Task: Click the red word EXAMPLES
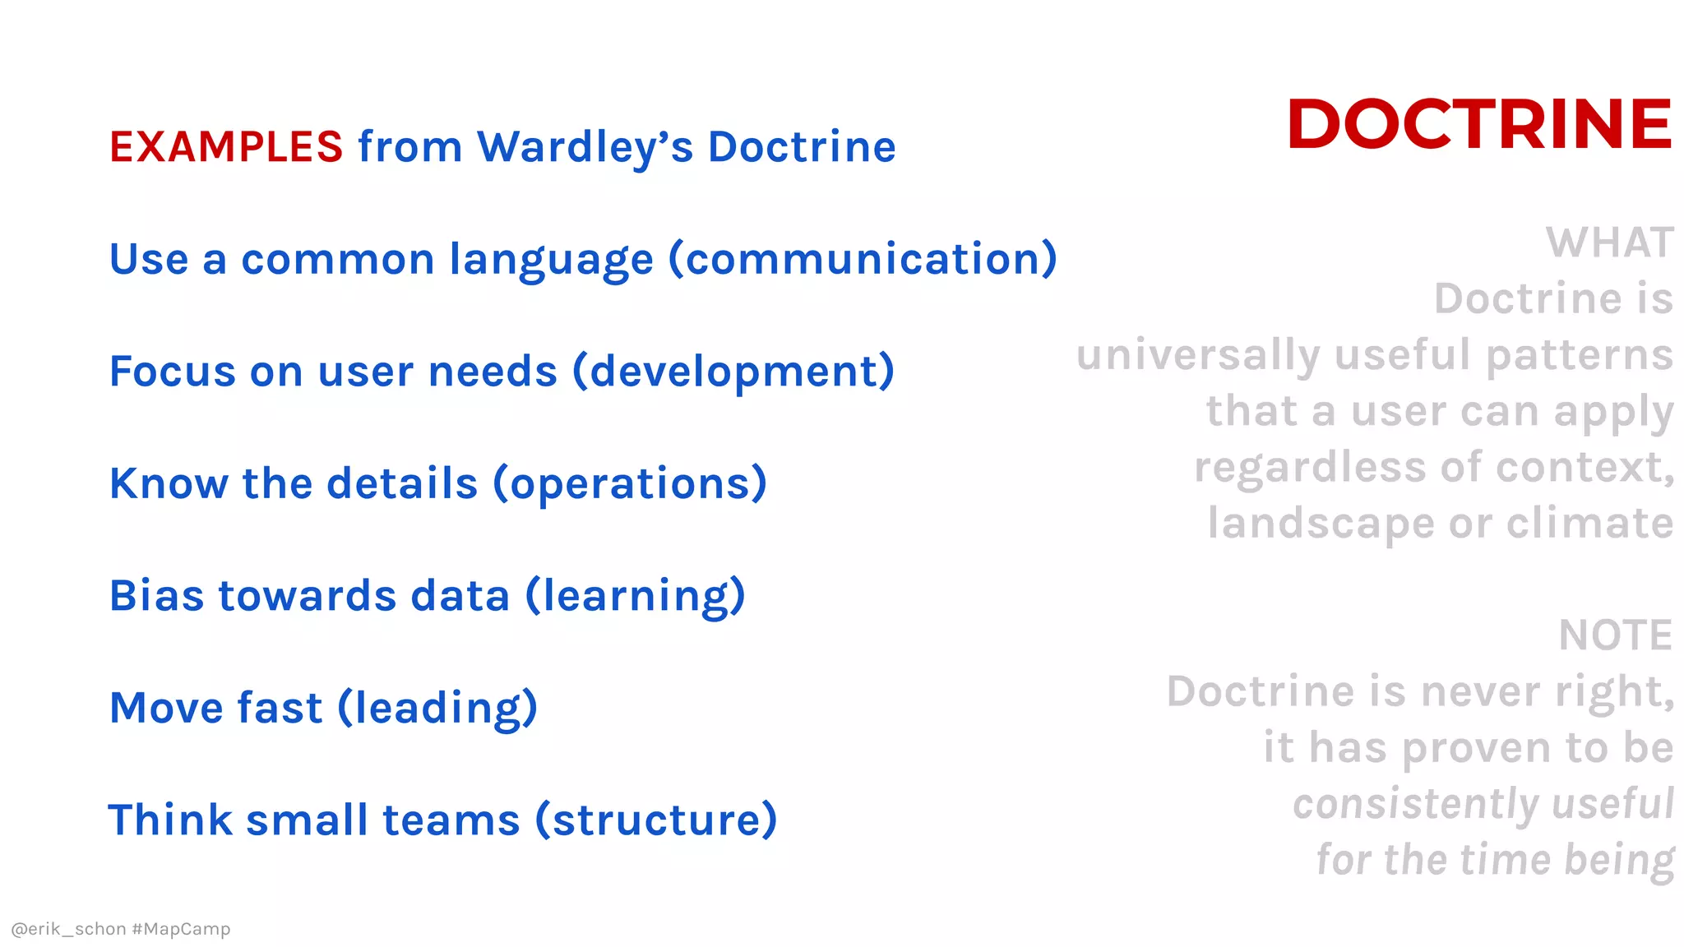[226, 147]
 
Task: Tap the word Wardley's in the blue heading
[585, 147]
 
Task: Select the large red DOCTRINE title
[1479, 124]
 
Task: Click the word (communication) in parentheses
[863, 260]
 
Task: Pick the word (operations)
[630, 484]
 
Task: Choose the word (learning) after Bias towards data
[635, 596]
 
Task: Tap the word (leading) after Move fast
[437, 709]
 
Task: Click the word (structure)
[656, 820]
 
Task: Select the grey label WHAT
[1609, 243]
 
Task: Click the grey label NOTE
[1615, 635]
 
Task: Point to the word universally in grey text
[1198, 356]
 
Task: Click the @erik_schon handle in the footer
[68, 929]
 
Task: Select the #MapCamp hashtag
[181, 929]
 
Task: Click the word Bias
[156, 596]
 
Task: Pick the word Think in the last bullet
[170, 820]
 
